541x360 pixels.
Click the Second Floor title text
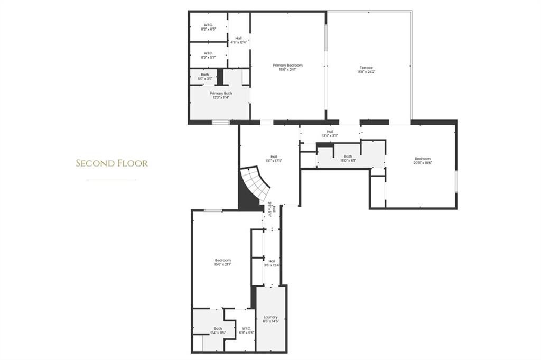pyautogui.click(x=111, y=163)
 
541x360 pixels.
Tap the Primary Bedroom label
pyautogui.click(x=287, y=66)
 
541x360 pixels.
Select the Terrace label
pyautogui.click(x=367, y=68)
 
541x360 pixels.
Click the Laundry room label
pyautogui.click(x=270, y=318)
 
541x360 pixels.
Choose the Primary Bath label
pyautogui.click(x=221, y=93)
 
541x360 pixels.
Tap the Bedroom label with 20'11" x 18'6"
pyautogui.click(x=422, y=159)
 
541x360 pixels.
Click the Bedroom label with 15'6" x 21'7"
pyautogui.click(x=223, y=260)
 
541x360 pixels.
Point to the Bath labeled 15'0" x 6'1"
pyautogui.click(x=348, y=156)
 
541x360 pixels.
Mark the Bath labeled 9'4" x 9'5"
pyautogui.click(x=218, y=328)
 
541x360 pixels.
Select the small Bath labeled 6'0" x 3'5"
pyautogui.click(x=204, y=75)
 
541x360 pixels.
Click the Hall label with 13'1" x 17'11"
pyautogui.click(x=274, y=156)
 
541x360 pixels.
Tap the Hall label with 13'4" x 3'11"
pyautogui.click(x=330, y=132)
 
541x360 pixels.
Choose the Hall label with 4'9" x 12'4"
pyautogui.click(x=239, y=38)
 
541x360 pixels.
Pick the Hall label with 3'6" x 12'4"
pyautogui.click(x=272, y=261)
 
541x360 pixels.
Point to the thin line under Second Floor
pyautogui.click(x=111, y=180)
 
